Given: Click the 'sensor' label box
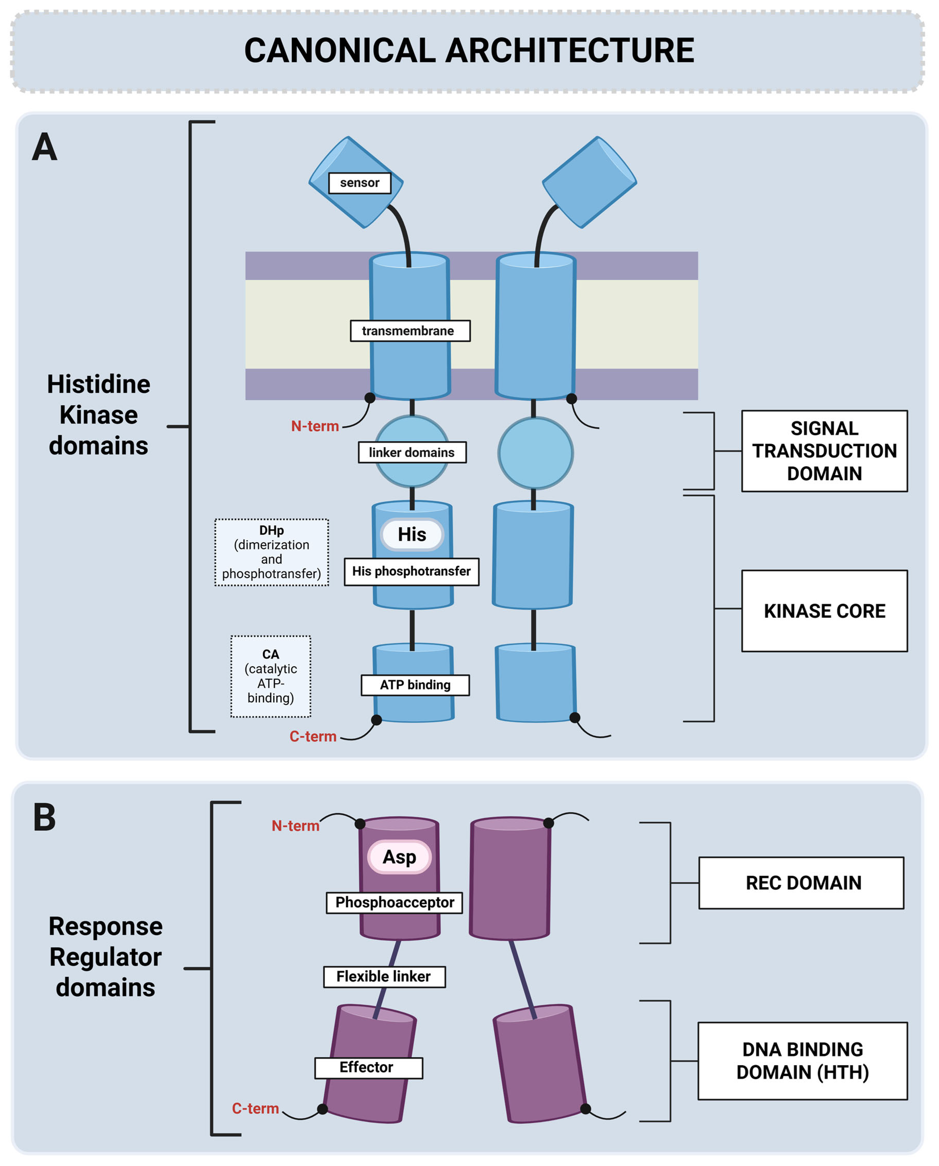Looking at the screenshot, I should [x=360, y=183].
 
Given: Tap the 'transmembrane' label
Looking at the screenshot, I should [x=410, y=331].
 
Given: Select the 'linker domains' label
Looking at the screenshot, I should [x=412, y=453].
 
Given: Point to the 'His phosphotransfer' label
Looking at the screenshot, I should [x=412, y=572].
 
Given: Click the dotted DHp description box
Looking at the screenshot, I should [x=271, y=552].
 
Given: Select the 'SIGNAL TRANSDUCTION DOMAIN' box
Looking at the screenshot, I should [x=824, y=451].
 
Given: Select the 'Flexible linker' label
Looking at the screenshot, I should [x=384, y=977].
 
